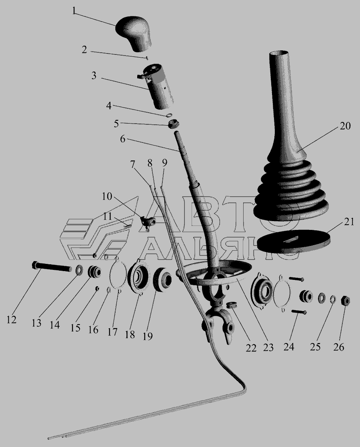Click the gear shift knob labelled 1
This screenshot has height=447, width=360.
point(134,34)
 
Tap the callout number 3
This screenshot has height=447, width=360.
point(94,76)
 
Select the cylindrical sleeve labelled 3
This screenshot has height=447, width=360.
point(158,86)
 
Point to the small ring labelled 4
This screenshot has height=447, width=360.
point(168,116)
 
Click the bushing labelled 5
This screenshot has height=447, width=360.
point(173,124)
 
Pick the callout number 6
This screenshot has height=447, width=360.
point(122,139)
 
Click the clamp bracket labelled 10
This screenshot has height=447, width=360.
point(148,221)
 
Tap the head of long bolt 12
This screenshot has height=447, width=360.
point(35,265)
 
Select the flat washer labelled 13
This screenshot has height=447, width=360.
point(79,270)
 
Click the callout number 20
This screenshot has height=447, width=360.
point(345,126)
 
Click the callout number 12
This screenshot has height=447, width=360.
point(12,320)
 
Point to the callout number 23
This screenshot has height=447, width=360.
point(268,347)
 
